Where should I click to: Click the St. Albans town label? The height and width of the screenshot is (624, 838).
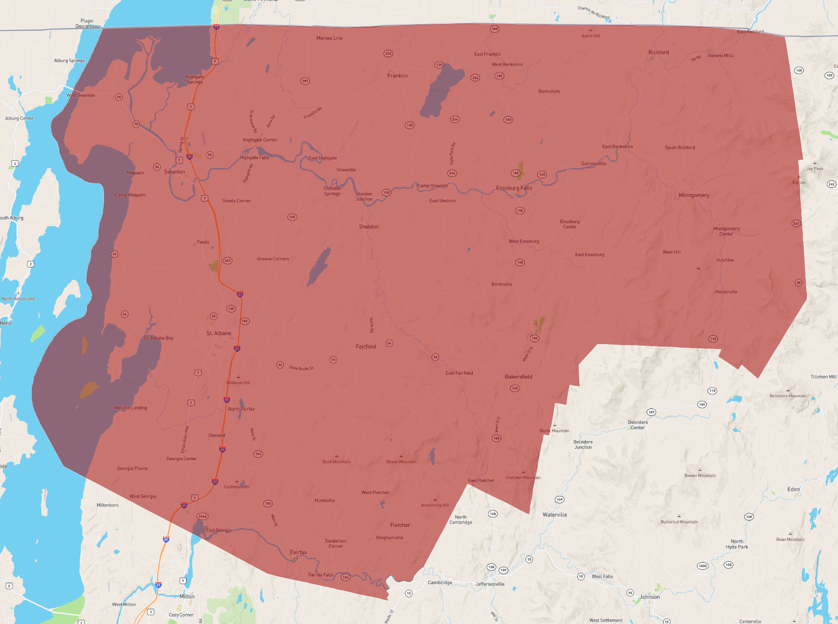(219, 333)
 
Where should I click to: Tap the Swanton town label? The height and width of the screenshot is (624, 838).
(174, 172)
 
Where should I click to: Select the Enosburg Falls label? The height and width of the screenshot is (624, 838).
(514, 188)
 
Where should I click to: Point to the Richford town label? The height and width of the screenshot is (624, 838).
(658, 52)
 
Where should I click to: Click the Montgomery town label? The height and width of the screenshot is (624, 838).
(694, 195)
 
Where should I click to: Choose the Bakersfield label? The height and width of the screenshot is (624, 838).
(518, 377)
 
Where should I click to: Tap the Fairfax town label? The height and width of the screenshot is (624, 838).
(298, 552)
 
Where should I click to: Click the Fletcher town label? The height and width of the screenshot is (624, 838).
(400, 525)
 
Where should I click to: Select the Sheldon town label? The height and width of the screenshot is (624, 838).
(369, 227)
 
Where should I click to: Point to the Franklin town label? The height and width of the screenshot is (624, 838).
(397, 76)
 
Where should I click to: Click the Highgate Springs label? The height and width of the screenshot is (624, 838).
(195, 79)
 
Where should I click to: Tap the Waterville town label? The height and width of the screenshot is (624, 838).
(555, 514)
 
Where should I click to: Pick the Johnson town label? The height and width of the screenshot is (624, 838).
(650, 597)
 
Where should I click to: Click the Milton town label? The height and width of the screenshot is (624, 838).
(187, 596)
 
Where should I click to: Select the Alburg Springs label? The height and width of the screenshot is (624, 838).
(69, 61)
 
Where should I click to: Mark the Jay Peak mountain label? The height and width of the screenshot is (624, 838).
(815, 168)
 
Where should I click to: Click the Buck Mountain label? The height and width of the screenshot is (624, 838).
(337, 462)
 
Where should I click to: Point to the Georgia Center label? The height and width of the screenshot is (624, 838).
(182, 459)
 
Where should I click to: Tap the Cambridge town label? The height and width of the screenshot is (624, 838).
(440, 583)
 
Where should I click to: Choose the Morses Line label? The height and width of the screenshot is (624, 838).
(330, 38)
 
